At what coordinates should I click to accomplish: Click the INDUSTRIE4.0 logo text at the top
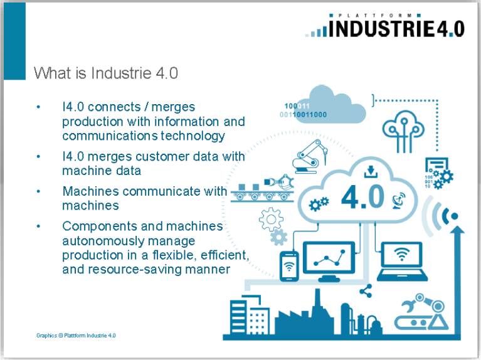396,29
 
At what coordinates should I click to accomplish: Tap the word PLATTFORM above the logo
375,15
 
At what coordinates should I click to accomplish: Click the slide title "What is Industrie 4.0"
106,73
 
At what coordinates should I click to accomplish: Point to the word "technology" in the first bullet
193,135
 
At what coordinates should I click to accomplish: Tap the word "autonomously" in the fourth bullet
129,241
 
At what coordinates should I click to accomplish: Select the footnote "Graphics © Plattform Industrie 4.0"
76,336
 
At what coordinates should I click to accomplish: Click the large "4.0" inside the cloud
362,197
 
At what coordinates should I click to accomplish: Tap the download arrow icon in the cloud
371,172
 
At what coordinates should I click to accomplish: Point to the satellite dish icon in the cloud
399,201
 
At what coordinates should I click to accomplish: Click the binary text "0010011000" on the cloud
303,115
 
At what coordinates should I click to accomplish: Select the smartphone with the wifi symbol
289,267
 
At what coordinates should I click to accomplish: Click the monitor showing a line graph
329,261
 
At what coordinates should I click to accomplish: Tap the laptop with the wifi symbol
402,262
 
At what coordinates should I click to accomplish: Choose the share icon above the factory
366,291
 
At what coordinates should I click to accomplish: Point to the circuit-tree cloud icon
403,131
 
